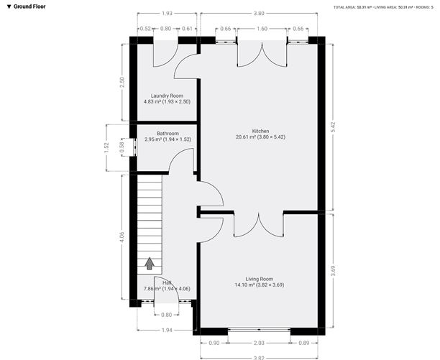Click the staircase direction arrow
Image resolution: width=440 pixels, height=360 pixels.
point(150,263)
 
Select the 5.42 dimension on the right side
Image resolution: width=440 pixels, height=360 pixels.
point(332,125)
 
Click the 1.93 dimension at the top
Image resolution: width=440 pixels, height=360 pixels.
point(167,13)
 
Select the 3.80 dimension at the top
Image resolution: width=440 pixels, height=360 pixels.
point(259,13)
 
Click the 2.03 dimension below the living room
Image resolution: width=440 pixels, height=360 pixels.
point(260,343)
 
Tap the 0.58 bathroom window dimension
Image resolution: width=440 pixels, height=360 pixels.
point(122,146)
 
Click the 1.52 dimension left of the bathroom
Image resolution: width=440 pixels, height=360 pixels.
point(106,147)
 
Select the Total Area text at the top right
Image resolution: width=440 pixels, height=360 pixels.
point(357,7)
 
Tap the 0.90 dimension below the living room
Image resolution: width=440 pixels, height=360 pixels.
point(214,343)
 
